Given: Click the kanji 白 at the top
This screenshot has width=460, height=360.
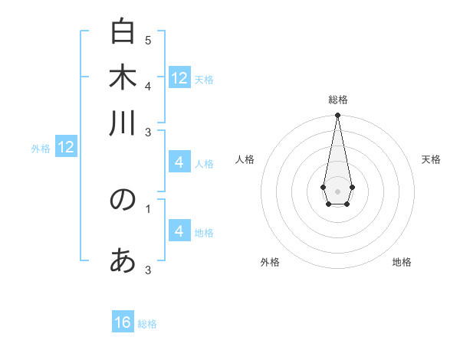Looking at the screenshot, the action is [x=123, y=33].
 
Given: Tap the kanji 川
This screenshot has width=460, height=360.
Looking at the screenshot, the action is [x=123, y=123].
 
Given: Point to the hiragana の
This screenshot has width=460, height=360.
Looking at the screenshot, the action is [x=123, y=199].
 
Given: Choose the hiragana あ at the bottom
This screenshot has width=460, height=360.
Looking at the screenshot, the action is [x=123, y=261].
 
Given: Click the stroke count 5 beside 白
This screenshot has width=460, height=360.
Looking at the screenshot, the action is [x=148, y=40].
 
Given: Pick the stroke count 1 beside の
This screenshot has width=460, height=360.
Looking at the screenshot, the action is [x=148, y=208].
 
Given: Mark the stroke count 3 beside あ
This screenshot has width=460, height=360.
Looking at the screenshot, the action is [x=148, y=270].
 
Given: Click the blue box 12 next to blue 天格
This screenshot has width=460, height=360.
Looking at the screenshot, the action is [x=179, y=78].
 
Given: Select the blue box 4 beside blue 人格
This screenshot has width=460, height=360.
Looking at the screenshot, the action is [x=179, y=162].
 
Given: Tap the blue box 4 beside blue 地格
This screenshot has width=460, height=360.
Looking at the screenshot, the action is [x=179, y=231].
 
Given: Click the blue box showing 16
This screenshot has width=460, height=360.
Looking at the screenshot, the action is [x=123, y=322].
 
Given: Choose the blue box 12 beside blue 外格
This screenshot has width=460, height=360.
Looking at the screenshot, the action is [x=66, y=147].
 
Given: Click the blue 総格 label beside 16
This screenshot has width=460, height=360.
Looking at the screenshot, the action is [x=147, y=324].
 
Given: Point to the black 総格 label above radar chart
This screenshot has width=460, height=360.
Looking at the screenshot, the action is [x=337, y=100].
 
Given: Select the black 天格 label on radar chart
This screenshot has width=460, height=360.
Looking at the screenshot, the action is [x=431, y=159].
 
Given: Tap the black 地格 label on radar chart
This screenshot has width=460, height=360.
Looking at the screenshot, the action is [x=402, y=262].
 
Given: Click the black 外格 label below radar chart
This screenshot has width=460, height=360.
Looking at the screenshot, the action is [x=270, y=262].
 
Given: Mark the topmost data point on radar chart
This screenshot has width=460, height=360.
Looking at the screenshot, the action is [x=337, y=115].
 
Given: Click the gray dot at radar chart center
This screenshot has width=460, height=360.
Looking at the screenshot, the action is [x=337, y=190].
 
